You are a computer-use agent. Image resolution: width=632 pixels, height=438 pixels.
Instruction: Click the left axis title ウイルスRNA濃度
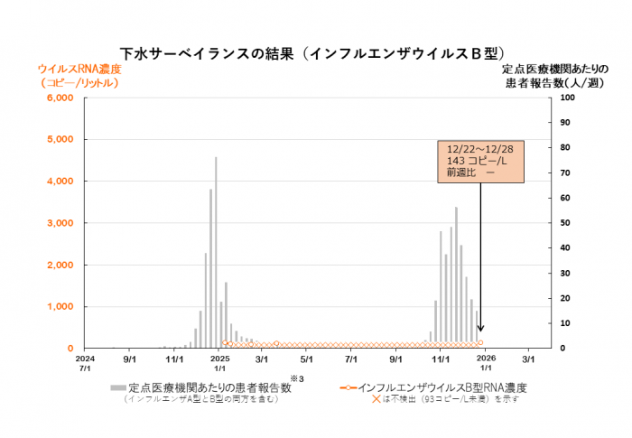(x=79, y=70)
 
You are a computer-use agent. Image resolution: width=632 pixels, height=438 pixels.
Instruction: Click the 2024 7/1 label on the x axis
(x=85, y=363)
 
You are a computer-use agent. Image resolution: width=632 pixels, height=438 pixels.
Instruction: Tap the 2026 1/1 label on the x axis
(x=485, y=363)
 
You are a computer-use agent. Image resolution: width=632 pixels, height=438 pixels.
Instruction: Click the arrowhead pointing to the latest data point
(x=480, y=329)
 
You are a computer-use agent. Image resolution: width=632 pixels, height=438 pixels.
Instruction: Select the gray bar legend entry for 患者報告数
(x=208, y=387)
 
